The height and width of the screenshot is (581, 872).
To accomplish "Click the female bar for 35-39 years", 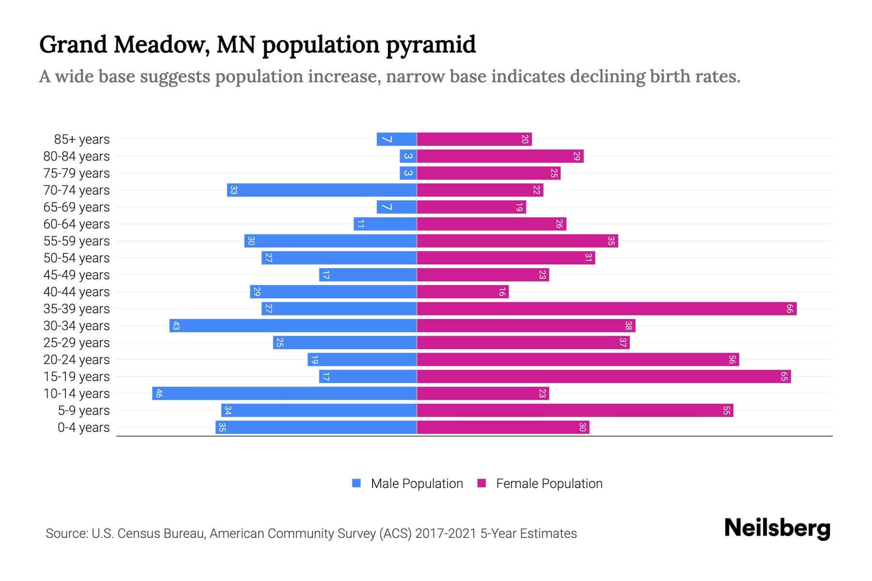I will pyautogui.click(x=607, y=309).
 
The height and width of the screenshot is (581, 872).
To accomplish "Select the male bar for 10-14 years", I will pyautogui.click(x=284, y=394).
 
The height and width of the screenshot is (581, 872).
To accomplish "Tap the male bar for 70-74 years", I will pyautogui.click(x=322, y=190).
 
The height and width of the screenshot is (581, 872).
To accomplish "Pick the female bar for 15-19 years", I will pyautogui.click(x=604, y=377).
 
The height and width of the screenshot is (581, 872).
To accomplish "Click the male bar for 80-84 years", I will pyautogui.click(x=408, y=156).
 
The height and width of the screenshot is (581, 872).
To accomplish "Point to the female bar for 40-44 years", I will pyautogui.click(x=463, y=292).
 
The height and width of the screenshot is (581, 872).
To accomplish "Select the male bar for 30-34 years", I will pyautogui.click(x=293, y=326).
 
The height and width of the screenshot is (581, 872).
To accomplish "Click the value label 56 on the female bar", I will pyautogui.click(x=732, y=360).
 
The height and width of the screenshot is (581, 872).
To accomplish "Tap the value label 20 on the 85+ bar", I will pyautogui.click(x=525, y=139).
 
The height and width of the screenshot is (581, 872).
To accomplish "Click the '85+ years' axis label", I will pyautogui.click(x=81, y=139).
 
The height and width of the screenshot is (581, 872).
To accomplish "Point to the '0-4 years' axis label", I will pyautogui.click(x=83, y=428).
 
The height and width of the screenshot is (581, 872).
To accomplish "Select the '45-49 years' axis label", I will pyautogui.click(x=77, y=275).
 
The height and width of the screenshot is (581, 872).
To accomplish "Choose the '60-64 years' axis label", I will pyautogui.click(x=77, y=224).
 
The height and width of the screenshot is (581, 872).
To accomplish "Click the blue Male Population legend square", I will pyautogui.click(x=357, y=483).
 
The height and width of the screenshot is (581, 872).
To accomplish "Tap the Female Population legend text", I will pyautogui.click(x=549, y=484).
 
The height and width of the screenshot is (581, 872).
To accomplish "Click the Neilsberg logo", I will pyautogui.click(x=777, y=528).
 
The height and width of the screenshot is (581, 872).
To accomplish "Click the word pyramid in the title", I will pyautogui.click(x=431, y=45).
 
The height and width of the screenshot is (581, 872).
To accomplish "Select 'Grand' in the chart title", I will pyautogui.click(x=73, y=45).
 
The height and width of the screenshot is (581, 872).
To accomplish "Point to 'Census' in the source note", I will pyautogui.click(x=138, y=534).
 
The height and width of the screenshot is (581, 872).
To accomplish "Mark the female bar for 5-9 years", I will pyautogui.click(x=575, y=411).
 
